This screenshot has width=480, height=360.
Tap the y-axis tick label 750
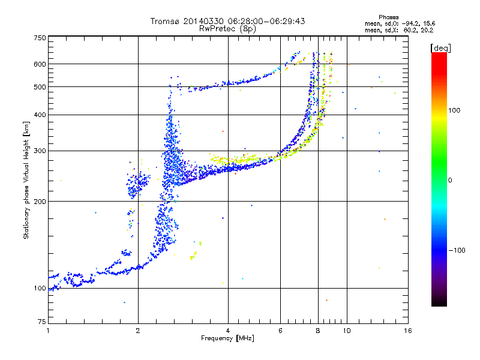[39, 37]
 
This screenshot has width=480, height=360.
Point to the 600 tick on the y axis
[39, 64]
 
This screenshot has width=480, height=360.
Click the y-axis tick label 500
[39, 86]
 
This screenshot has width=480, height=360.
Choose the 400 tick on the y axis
[39, 114]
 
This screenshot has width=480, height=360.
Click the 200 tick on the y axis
[39, 201]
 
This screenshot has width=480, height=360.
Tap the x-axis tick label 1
[48, 331]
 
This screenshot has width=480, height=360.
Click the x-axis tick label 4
[228, 331]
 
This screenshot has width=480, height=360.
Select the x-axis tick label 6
[280, 331]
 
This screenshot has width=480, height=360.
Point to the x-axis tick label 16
[407, 331]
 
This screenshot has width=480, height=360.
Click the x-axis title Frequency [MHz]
[227, 338]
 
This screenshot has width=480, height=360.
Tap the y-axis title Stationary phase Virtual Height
[26, 180]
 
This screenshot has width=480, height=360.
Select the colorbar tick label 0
[450, 179]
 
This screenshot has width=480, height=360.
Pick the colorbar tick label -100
[456, 250]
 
